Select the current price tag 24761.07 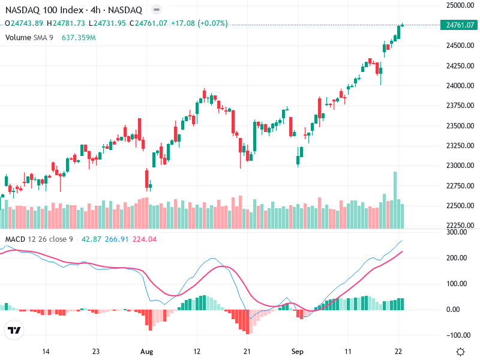[460, 25]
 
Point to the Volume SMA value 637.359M [79, 37]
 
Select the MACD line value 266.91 [116, 239]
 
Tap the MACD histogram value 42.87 [91, 239]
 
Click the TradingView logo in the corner [14, 331]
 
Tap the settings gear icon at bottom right [461, 352]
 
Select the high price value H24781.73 [68, 23]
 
